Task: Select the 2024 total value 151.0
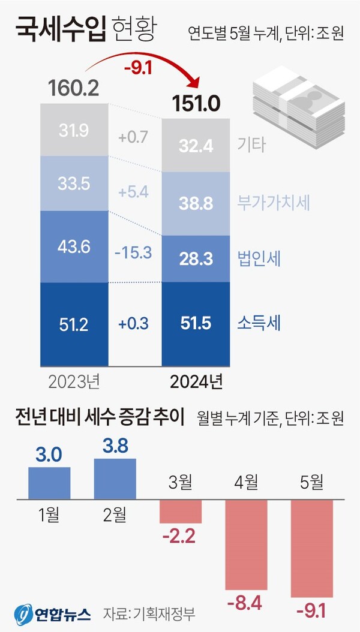pos(196,103)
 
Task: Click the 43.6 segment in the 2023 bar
pos(74,245)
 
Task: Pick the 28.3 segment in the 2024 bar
pos(196,258)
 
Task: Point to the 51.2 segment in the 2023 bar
pos(74,324)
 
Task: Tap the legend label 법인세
pos(259,258)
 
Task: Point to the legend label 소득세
pos(259,324)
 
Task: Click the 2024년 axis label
pos(196,380)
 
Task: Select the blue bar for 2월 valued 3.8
pos(115,478)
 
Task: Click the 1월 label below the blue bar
pos(49,513)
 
